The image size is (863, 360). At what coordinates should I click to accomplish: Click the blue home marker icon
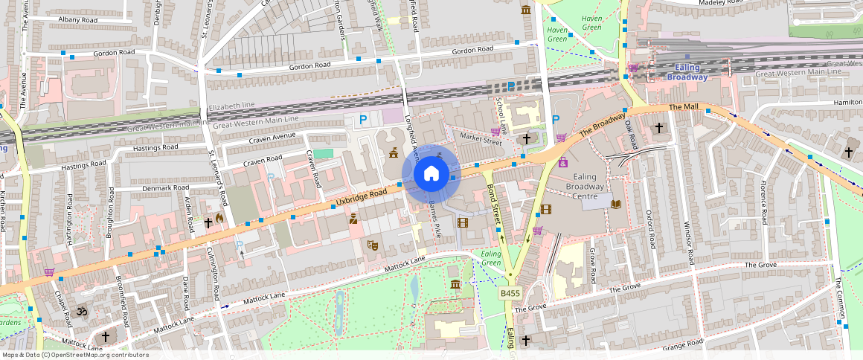coord(431,174)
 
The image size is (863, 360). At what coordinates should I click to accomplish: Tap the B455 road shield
coord(510,294)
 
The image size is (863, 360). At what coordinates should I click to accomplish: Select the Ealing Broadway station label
coord(687,72)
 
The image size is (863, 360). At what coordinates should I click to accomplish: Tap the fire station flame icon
coord(219,217)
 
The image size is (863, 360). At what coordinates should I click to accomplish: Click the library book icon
coord(615,204)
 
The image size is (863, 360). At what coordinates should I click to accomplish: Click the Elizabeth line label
coord(231,107)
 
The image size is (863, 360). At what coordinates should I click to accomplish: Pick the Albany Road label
coord(78,19)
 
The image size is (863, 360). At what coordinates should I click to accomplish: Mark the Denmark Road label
coord(167,187)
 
